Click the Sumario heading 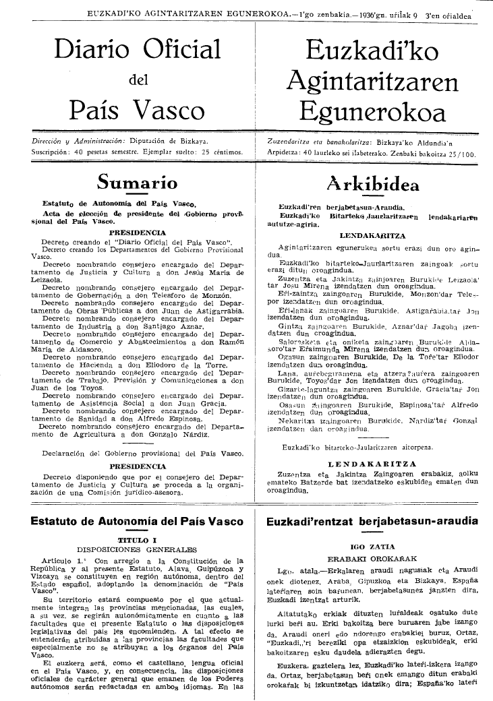click(x=137, y=182)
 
